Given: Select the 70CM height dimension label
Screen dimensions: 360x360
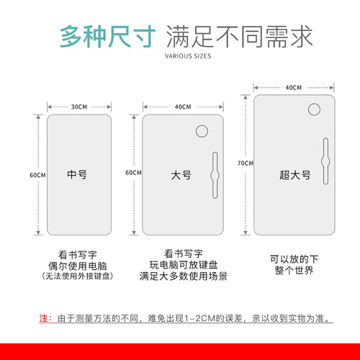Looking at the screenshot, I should coord(246,163).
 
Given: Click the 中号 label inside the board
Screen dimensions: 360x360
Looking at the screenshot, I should coord(78,174).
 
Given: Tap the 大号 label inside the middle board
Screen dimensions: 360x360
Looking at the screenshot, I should coord(181,175).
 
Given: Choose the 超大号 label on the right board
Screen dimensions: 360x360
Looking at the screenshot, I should coord(294,175).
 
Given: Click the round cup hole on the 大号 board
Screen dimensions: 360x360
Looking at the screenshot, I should coord(202,132).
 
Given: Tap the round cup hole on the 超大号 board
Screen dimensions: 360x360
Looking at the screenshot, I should coord(315,110).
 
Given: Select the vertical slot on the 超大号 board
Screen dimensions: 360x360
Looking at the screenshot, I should coord(327,164).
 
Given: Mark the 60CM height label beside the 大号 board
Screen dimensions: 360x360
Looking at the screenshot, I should coord(133,174).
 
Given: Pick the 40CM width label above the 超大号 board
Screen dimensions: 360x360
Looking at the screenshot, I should coord(293,88).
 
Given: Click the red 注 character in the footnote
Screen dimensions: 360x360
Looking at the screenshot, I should coord(42,318).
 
